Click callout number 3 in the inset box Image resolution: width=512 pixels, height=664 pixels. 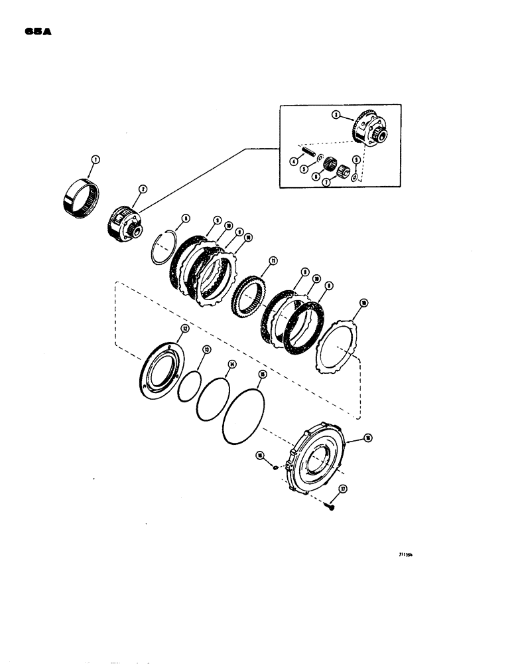click(x=336, y=115)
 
